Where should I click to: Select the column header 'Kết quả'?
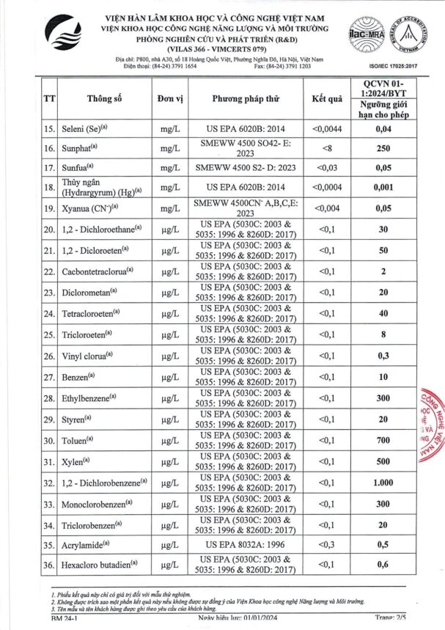click(x=327, y=98)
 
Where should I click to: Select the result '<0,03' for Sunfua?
click(x=327, y=168)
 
